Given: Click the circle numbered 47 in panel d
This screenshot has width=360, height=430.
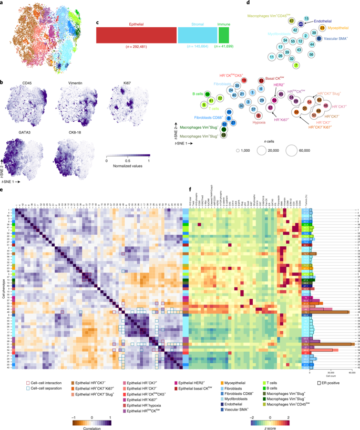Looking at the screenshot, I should tap(291, 20).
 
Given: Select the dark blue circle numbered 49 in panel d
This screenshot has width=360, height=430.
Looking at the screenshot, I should tap(301, 24).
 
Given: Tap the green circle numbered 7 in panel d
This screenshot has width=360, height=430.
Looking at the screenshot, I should tap(296, 65).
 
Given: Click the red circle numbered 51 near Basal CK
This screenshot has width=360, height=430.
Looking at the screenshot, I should tap(261, 80).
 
